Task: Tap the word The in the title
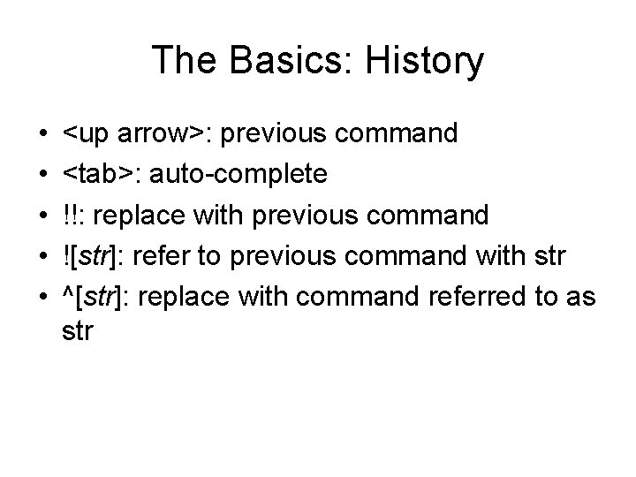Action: [183, 62]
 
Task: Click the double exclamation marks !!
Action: [72, 215]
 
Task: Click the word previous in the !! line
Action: [298, 215]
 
